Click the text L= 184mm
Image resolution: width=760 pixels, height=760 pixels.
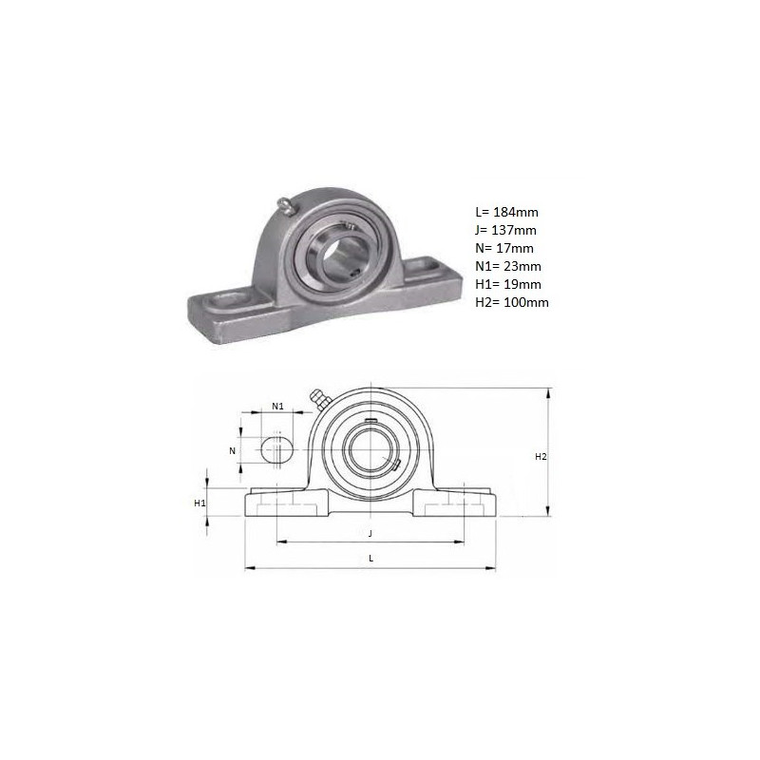coord(506,212)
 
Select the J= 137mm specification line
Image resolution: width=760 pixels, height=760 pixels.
coord(505,230)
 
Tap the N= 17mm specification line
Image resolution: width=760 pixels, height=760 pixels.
coord(504,248)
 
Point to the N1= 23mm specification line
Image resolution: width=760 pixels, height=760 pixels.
coord(508,266)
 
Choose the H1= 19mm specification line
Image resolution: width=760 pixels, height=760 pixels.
coord(508,284)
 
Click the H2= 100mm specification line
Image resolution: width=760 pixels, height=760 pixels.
coord(512,302)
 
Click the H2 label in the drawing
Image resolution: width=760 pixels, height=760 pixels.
coord(541,457)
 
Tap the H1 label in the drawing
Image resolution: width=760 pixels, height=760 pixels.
coord(199,503)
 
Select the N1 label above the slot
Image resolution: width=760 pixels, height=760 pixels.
coord(277,407)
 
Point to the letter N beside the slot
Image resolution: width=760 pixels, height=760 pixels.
coord(232,450)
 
